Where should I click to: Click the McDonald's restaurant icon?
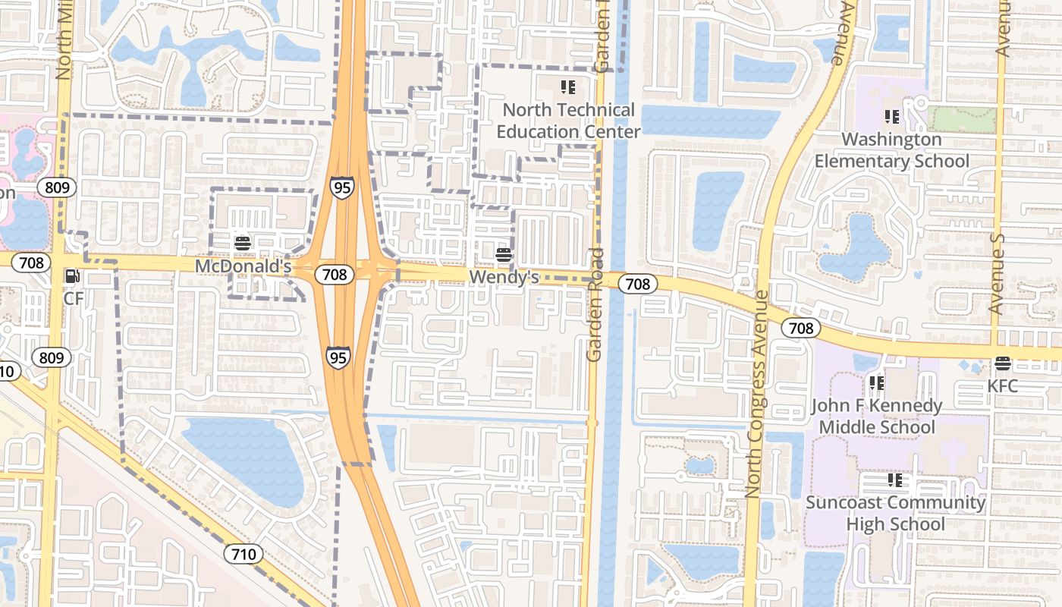(x=243, y=244)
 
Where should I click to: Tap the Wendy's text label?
(x=504, y=278)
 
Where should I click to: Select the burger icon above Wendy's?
(x=503, y=255)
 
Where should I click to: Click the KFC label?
(x=1002, y=386)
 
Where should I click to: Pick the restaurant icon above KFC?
(x=1003, y=364)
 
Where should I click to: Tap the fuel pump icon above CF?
(x=73, y=277)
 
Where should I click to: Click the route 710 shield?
(x=244, y=554)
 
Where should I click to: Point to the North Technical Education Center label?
(x=568, y=121)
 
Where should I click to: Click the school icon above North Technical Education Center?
(x=568, y=87)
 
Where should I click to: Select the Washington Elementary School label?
(x=892, y=150)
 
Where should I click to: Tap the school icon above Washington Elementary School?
(x=892, y=117)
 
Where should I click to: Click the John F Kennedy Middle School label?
(x=876, y=417)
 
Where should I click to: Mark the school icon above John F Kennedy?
(x=877, y=383)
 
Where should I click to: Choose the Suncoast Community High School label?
(x=895, y=514)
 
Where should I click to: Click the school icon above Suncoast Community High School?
(x=896, y=480)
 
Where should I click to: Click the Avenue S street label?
(x=997, y=273)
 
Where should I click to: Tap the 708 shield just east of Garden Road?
(x=638, y=284)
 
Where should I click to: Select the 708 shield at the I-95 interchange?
(x=335, y=274)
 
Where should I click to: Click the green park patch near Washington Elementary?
(x=963, y=120)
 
